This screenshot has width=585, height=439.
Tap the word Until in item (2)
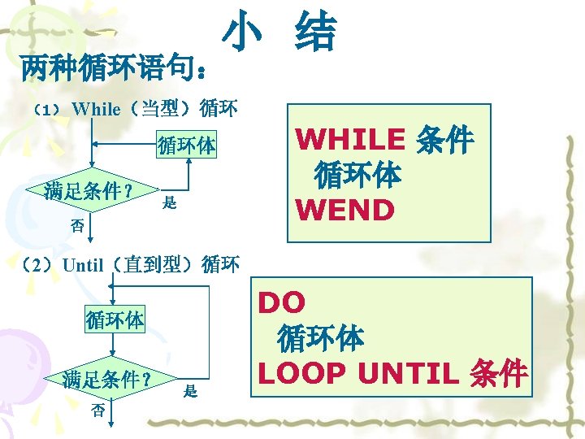click(83, 264)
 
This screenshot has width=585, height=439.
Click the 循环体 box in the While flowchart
click(186, 146)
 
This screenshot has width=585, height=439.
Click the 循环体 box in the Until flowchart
click(115, 319)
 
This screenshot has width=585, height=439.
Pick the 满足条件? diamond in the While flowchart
click(89, 192)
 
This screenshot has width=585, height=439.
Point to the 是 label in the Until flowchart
click(190, 392)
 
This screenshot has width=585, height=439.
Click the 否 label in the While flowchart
click(78, 227)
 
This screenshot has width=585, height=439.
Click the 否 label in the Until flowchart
click(97, 411)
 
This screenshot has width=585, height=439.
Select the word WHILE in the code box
click(350, 140)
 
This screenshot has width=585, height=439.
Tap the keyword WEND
click(345, 210)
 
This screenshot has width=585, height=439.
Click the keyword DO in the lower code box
click(282, 302)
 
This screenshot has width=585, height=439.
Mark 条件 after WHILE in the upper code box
click(444, 140)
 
